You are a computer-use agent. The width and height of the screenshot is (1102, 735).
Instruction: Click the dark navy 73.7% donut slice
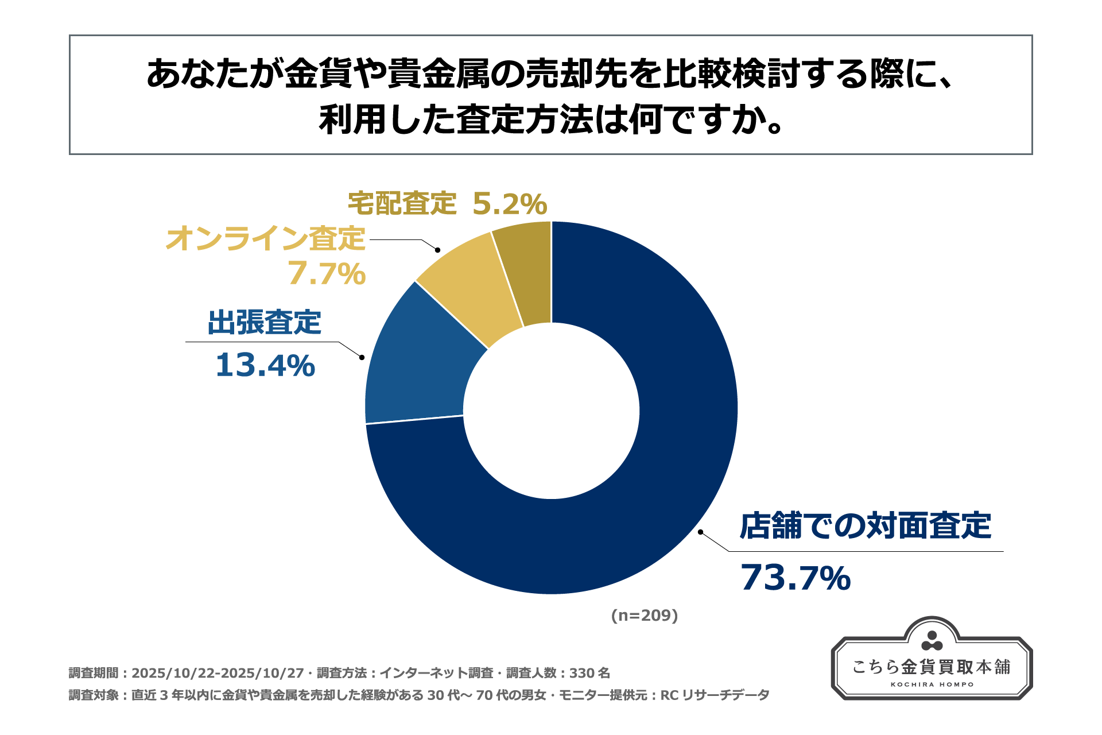tap(660, 488)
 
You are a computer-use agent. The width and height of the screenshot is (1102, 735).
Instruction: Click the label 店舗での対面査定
tap(865, 526)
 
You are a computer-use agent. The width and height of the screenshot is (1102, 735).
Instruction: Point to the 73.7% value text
tap(796, 578)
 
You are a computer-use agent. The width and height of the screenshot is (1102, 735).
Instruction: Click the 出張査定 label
tap(264, 322)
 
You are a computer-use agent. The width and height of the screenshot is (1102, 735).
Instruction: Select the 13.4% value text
tap(265, 366)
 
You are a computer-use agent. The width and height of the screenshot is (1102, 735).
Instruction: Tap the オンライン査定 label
tap(265, 238)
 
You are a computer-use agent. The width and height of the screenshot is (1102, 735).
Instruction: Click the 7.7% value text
tap(327, 273)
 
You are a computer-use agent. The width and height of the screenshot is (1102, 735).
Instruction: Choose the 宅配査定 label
tap(402, 203)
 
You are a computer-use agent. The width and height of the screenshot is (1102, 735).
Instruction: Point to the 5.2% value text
tap(510, 204)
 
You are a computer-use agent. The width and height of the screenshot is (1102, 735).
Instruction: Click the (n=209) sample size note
tap(645, 616)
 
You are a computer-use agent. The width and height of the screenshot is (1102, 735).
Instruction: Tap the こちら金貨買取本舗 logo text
tap(932, 667)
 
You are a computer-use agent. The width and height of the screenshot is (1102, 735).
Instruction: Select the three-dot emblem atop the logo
tap(932, 641)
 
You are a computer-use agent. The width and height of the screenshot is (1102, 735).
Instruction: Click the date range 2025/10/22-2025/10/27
tap(218, 673)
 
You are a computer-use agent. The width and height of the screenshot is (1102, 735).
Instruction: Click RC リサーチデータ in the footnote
tap(715, 695)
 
